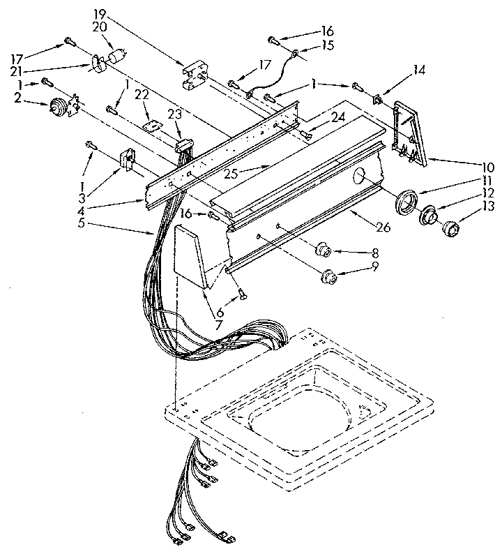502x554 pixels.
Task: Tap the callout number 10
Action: [489, 167]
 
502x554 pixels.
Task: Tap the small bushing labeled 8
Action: [323, 250]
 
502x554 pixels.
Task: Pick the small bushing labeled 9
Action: [328, 278]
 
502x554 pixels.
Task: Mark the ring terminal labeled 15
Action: [296, 53]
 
